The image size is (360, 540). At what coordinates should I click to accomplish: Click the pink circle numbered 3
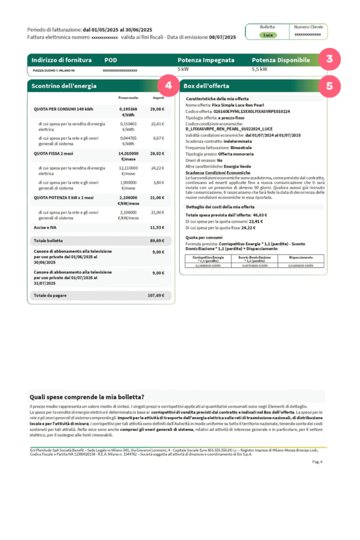click(329, 59)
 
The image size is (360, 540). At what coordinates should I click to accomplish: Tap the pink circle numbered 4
click(168, 85)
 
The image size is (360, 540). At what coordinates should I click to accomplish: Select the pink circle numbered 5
click(329, 85)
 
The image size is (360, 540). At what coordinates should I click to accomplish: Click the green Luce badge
click(268, 35)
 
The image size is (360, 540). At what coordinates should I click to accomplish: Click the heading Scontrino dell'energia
click(64, 85)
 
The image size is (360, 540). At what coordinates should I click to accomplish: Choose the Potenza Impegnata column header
click(206, 60)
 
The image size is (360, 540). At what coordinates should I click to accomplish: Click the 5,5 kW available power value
click(259, 69)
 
